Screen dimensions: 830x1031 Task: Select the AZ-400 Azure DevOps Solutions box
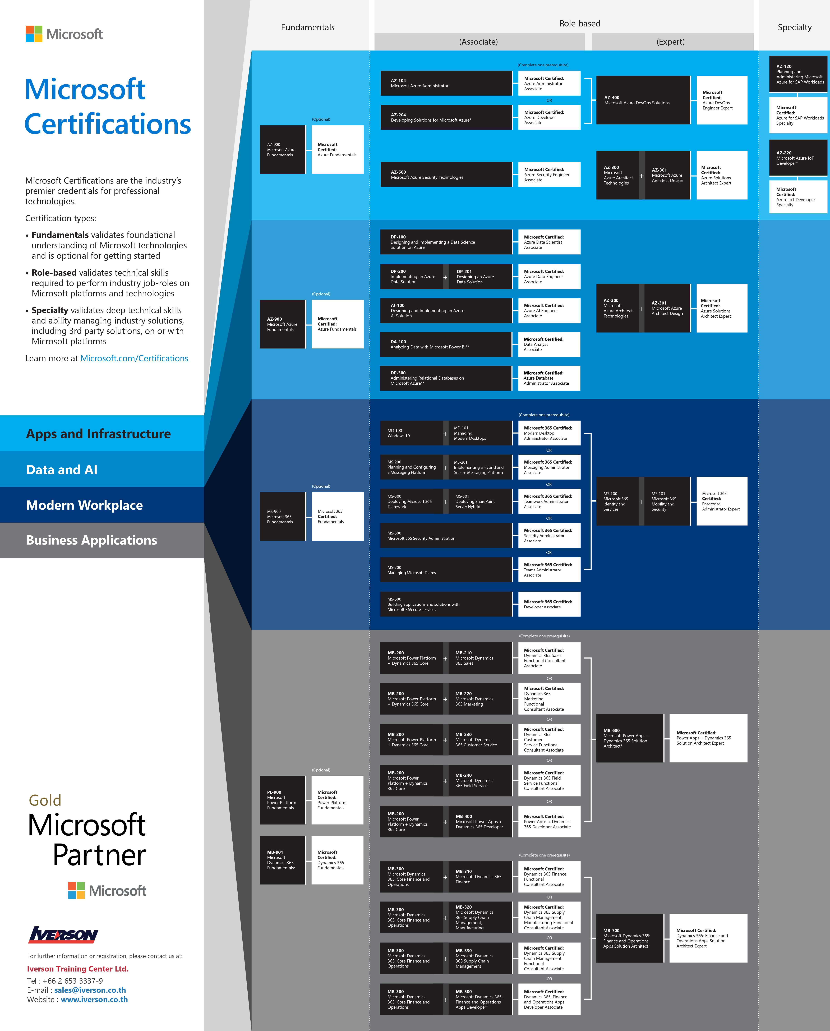pyautogui.click(x=643, y=100)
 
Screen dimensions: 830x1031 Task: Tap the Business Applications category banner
pyautogui.click(x=102, y=540)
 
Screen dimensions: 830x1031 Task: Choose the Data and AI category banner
pyautogui.click(x=102, y=470)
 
